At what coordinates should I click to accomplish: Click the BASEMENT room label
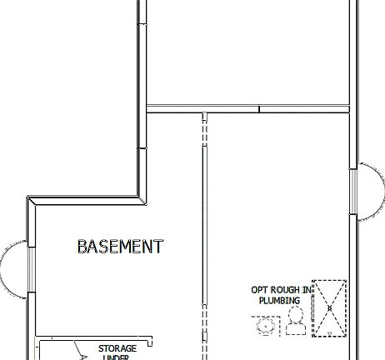(120, 247)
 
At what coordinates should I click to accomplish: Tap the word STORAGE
(117, 348)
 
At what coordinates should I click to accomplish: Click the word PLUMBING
(279, 300)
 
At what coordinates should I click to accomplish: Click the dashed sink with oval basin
(266, 326)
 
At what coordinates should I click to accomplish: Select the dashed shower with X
(328, 308)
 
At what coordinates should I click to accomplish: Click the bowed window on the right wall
(364, 192)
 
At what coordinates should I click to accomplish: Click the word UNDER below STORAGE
(117, 357)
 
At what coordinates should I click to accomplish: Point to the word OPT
(260, 290)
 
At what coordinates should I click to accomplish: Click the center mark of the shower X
(329, 308)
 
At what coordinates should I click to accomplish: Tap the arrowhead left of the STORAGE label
(82, 355)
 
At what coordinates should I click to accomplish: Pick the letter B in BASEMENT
(82, 247)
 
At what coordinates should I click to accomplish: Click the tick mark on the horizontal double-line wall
(259, 109)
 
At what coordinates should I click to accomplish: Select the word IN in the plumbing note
(307, 290)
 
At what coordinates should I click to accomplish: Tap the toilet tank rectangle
(294, 330)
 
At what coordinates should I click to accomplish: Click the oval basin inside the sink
(266, 327)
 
